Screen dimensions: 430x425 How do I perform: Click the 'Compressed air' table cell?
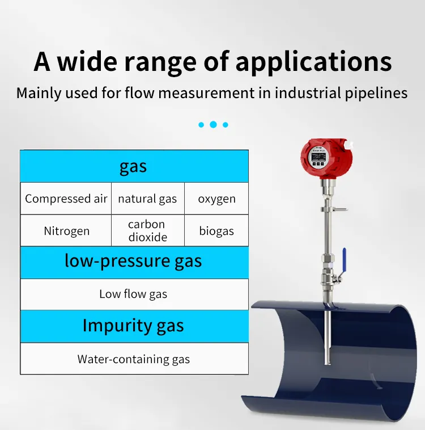tap(66, 199)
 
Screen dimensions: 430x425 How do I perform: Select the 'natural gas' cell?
tap(147, 199)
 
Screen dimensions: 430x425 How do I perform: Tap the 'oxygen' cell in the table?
tap(216, 199)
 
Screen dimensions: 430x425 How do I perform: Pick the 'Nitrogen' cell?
tap(66, 231)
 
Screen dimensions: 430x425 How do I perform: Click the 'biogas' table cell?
tap(216, 231)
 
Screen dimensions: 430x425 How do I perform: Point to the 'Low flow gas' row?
tap(133, 294)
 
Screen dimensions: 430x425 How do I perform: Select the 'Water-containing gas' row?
tap(133, 359)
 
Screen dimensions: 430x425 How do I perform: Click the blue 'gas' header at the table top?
tap(133, 166)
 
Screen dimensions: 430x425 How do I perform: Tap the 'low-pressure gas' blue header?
tap(133, 262)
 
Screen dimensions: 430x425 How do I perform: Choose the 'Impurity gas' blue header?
tap(133, 326)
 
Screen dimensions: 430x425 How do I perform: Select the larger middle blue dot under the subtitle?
tap(213, 124)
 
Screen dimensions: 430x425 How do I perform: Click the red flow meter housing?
tap(326, 157)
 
